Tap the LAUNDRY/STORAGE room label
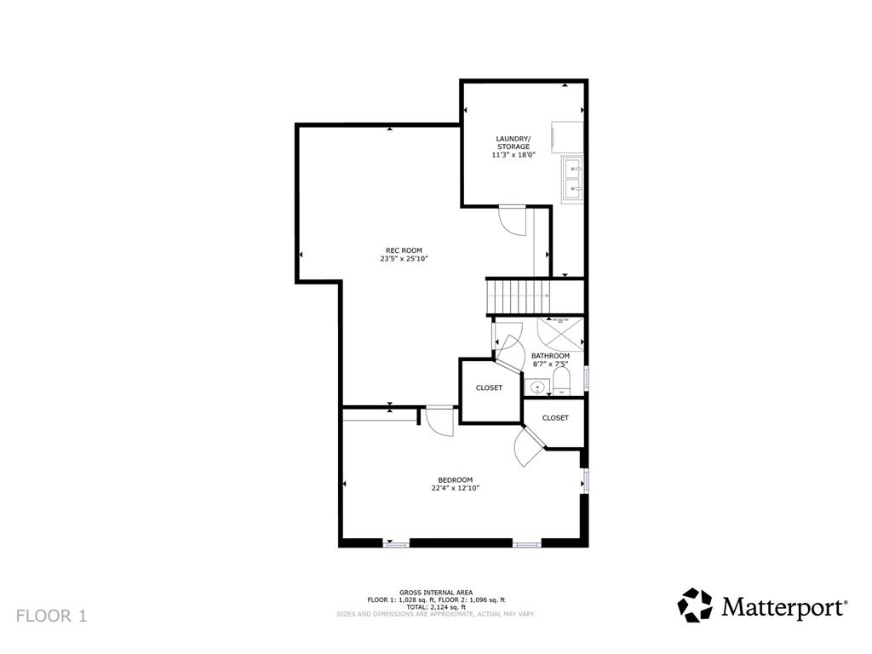point(513,142)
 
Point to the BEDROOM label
point(455,479)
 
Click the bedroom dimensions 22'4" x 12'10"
point(455,488)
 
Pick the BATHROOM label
point(550,356)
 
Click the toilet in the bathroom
point(561,380)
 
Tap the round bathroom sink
point(537,388)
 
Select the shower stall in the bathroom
point(561,332)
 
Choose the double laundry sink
point(571,177)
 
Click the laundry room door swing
point(513,221)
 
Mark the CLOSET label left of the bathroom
point(489,387)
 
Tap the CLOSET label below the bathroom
point(555,418)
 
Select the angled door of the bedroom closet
point(530,445)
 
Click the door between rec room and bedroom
point(439,421)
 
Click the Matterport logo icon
point(695,605)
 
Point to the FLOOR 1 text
point(51,615)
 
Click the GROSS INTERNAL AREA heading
point(435,593)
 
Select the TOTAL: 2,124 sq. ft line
point(435,606)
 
